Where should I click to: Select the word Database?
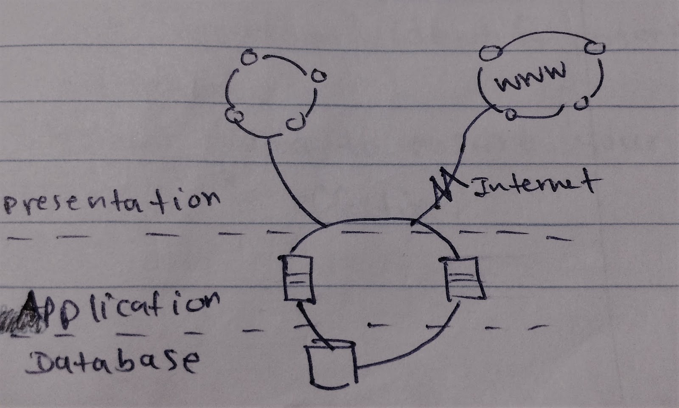coord(112,361)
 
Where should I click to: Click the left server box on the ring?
coord(297,279)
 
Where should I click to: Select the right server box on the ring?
coord(463,278)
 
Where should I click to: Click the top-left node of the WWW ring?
coord(488,53)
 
